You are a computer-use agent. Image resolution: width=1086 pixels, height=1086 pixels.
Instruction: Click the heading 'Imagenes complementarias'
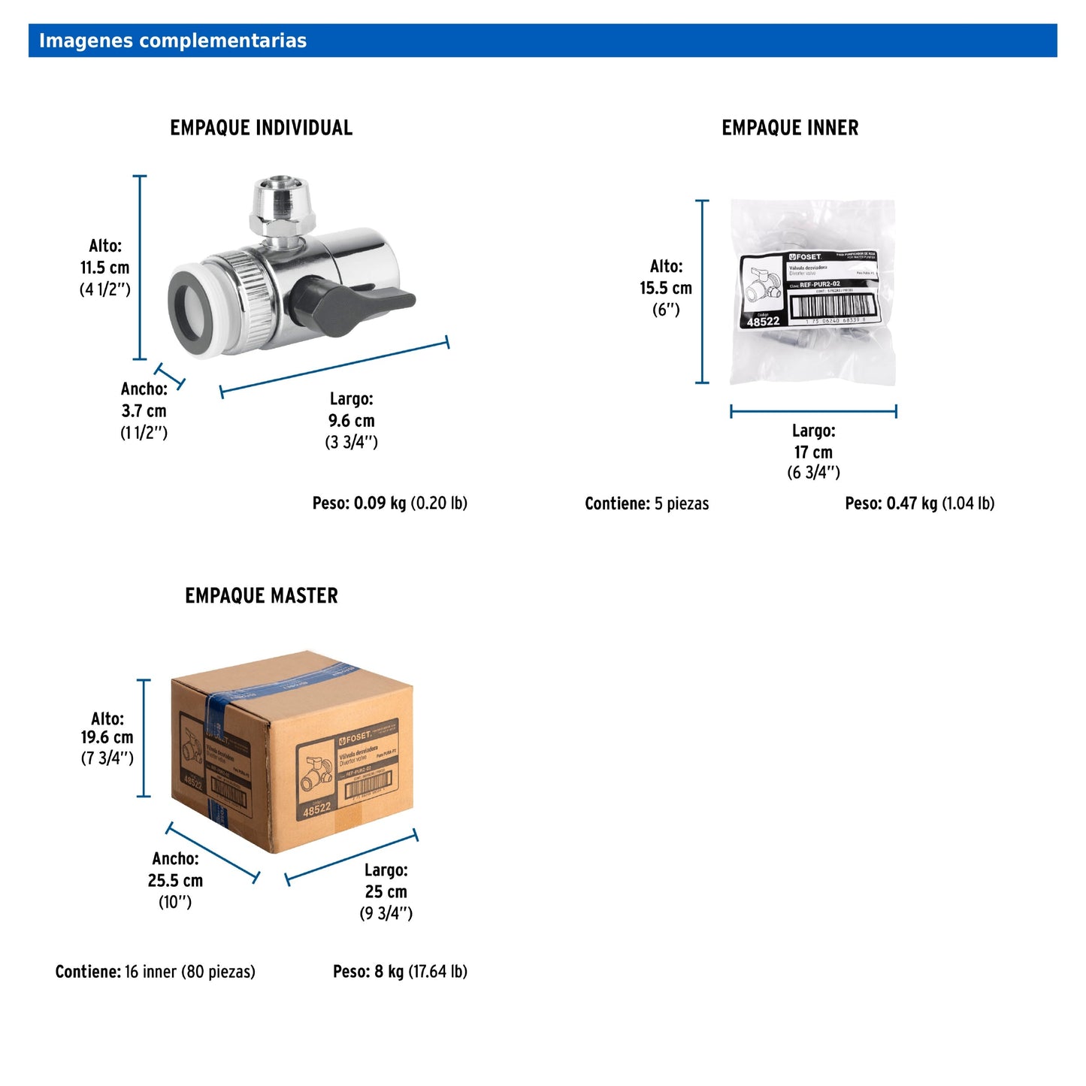pos(172,41)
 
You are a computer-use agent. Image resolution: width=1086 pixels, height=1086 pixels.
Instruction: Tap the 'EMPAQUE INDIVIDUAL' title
pos(261,128)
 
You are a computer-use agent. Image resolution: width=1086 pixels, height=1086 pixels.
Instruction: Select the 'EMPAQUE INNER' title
pos(789,128)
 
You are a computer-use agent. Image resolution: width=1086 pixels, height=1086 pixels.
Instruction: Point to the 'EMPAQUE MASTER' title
pos(261,596)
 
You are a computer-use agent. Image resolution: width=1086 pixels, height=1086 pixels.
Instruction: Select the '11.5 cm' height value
pos(104,268)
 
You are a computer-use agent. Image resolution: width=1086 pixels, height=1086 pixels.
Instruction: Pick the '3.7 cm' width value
pos(144,410)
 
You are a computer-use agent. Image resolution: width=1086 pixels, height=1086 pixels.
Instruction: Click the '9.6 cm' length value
pos(351,420)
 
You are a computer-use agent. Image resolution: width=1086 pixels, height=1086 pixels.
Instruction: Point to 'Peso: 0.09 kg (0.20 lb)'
pos(389,503)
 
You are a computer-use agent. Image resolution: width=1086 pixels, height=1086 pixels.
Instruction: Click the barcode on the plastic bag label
pos(833,305)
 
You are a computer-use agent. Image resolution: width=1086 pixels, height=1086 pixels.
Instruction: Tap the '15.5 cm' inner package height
pos(665,288)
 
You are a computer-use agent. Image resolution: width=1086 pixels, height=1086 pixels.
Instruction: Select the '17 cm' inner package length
pos(812,452)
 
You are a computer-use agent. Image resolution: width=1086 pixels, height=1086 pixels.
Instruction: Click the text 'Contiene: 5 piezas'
pos(646,504)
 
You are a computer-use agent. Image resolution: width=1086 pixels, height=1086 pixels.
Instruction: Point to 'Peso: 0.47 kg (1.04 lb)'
pos(919,503)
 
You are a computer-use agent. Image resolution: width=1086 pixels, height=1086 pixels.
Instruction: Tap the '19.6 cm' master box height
pos(107,737)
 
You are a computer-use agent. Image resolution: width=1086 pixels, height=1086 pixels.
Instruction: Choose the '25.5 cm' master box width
pos(175,880)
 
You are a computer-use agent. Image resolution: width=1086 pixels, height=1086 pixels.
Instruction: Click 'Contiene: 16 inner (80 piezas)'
pos(155,972)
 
